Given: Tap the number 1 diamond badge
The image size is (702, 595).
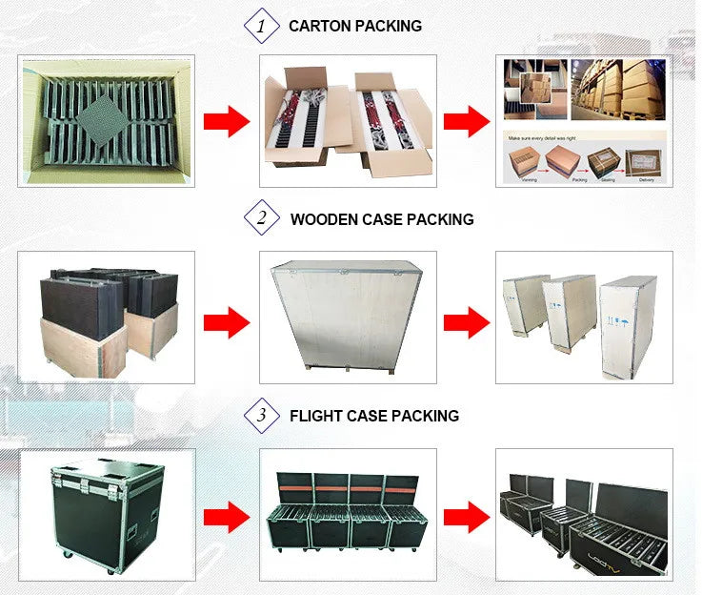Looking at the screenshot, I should point(262,26).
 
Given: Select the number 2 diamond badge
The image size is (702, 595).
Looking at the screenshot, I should point(262,218).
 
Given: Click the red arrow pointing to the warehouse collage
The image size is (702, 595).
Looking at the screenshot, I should point(467,121).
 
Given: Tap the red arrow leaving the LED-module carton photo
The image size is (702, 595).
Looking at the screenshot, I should point(227,121).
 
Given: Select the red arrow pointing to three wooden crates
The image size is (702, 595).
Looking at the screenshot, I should point(467,321).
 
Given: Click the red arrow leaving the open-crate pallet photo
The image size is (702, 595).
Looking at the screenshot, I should point(227,321).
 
